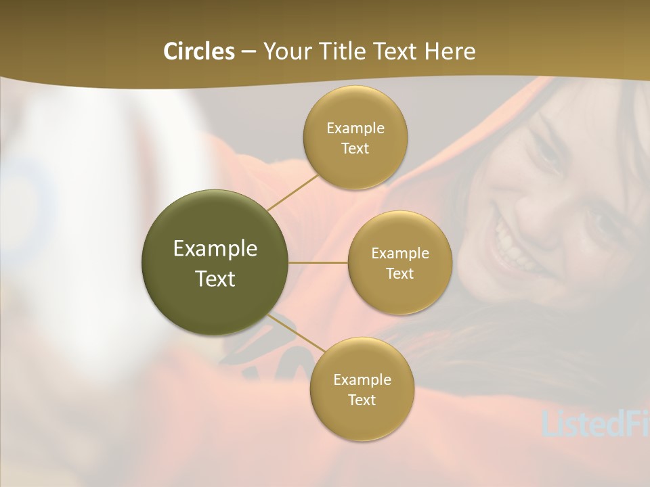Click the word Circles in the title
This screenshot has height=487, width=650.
click(198, 51)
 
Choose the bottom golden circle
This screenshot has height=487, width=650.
click(362, 419)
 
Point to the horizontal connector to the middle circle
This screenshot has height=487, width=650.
click(318, 262)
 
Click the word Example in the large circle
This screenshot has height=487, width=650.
click(215, 249)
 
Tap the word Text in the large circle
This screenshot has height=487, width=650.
click(215, 279)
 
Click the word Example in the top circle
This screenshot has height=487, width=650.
click(355, 129)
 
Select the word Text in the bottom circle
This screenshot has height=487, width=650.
click(362, 400)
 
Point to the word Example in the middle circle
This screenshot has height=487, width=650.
click(400, 254)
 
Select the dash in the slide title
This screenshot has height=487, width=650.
click(248, 51)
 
